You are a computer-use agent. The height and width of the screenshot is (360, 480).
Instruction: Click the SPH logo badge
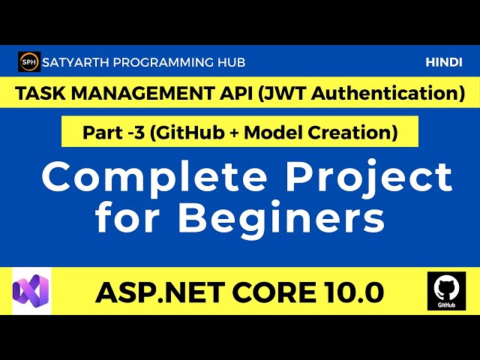(28, 62)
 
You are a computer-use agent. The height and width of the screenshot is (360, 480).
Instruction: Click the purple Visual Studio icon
(31, 290)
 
